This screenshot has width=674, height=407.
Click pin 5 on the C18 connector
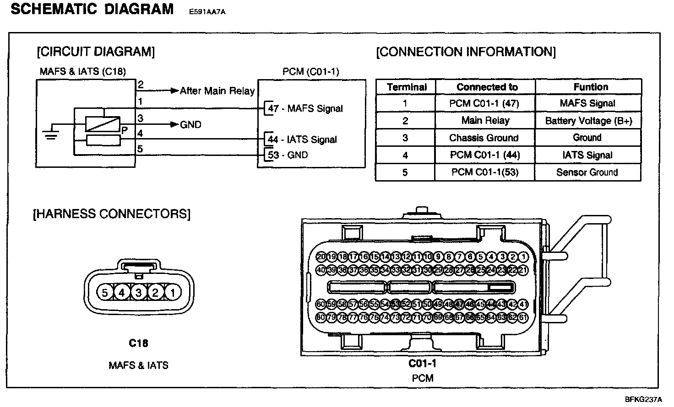point(105,292)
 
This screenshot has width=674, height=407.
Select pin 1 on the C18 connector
point(173,292)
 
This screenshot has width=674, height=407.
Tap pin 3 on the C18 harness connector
point(139,292)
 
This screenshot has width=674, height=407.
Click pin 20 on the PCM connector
point(321,257)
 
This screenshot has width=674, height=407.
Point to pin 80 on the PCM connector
point(321,317)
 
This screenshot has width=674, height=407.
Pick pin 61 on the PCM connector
point(523,317)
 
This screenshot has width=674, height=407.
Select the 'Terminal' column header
point(406,87)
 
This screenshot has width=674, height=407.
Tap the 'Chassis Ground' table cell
point(484,138)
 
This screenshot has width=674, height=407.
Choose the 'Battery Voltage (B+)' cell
point(588,121)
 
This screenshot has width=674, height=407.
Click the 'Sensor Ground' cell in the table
point(587,172)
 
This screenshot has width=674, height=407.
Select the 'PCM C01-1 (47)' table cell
point(484,103)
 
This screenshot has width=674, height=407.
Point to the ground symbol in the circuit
point(50,133)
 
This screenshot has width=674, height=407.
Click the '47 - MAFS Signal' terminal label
point(305,109)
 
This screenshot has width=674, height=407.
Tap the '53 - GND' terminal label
point(288,155)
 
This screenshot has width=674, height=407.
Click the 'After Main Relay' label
point(217,91)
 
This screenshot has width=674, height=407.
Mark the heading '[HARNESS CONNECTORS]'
point(111,214)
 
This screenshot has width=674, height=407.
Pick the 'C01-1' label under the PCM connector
point(422,364)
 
